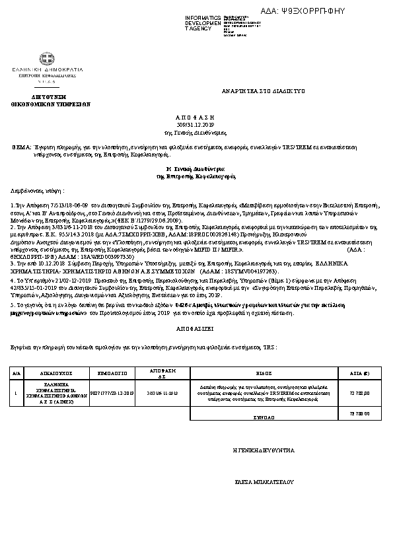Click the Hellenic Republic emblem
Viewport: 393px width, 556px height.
(x=47, y=60)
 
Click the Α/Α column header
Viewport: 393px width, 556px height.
(x=17, y=372)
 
